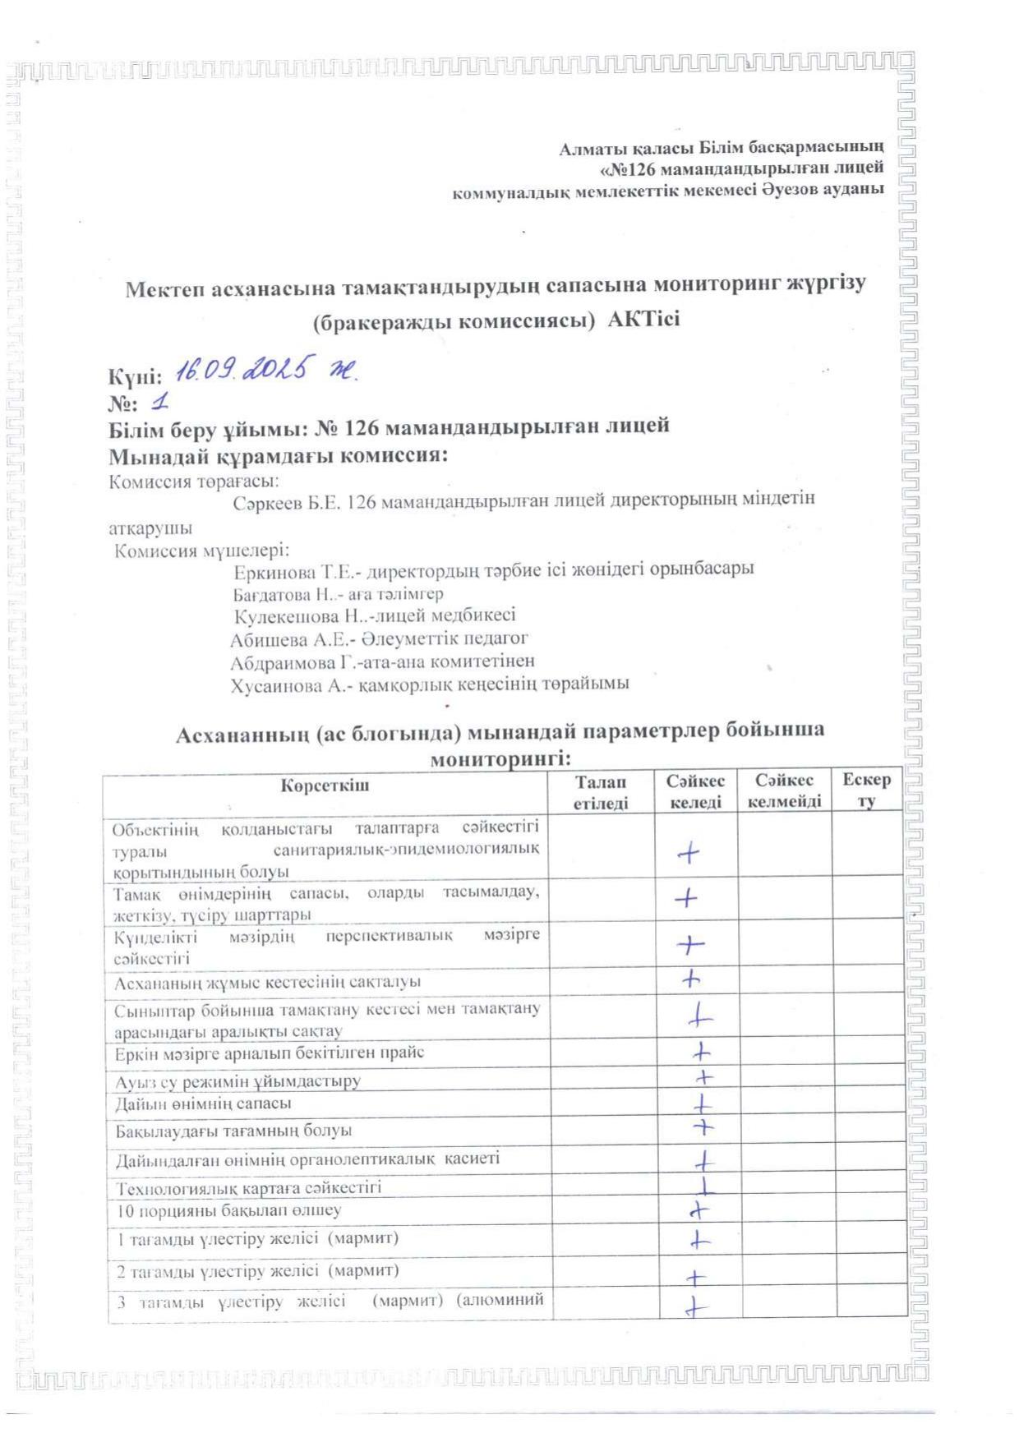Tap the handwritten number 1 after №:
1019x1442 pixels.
click(x=159, y=403)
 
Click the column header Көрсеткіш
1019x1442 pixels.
click(x=325, y=785)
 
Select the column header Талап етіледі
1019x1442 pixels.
click(x=600, y=793)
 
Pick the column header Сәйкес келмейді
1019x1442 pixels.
click(x=784, y=791)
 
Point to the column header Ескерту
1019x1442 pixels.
click(x=866, y=790)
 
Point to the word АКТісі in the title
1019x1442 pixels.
click(x=643, y=320)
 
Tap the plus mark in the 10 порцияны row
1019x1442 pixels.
click(x=699, y=1209)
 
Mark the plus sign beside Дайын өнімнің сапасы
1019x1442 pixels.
click(x=702, y=1103)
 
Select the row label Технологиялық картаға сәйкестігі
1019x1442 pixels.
click(x=248, y=1188)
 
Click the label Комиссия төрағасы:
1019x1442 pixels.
click(x=194, y=481)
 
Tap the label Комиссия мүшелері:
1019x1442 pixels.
click(x=201, y=551)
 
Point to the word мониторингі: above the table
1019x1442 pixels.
click(x=500, y=758)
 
